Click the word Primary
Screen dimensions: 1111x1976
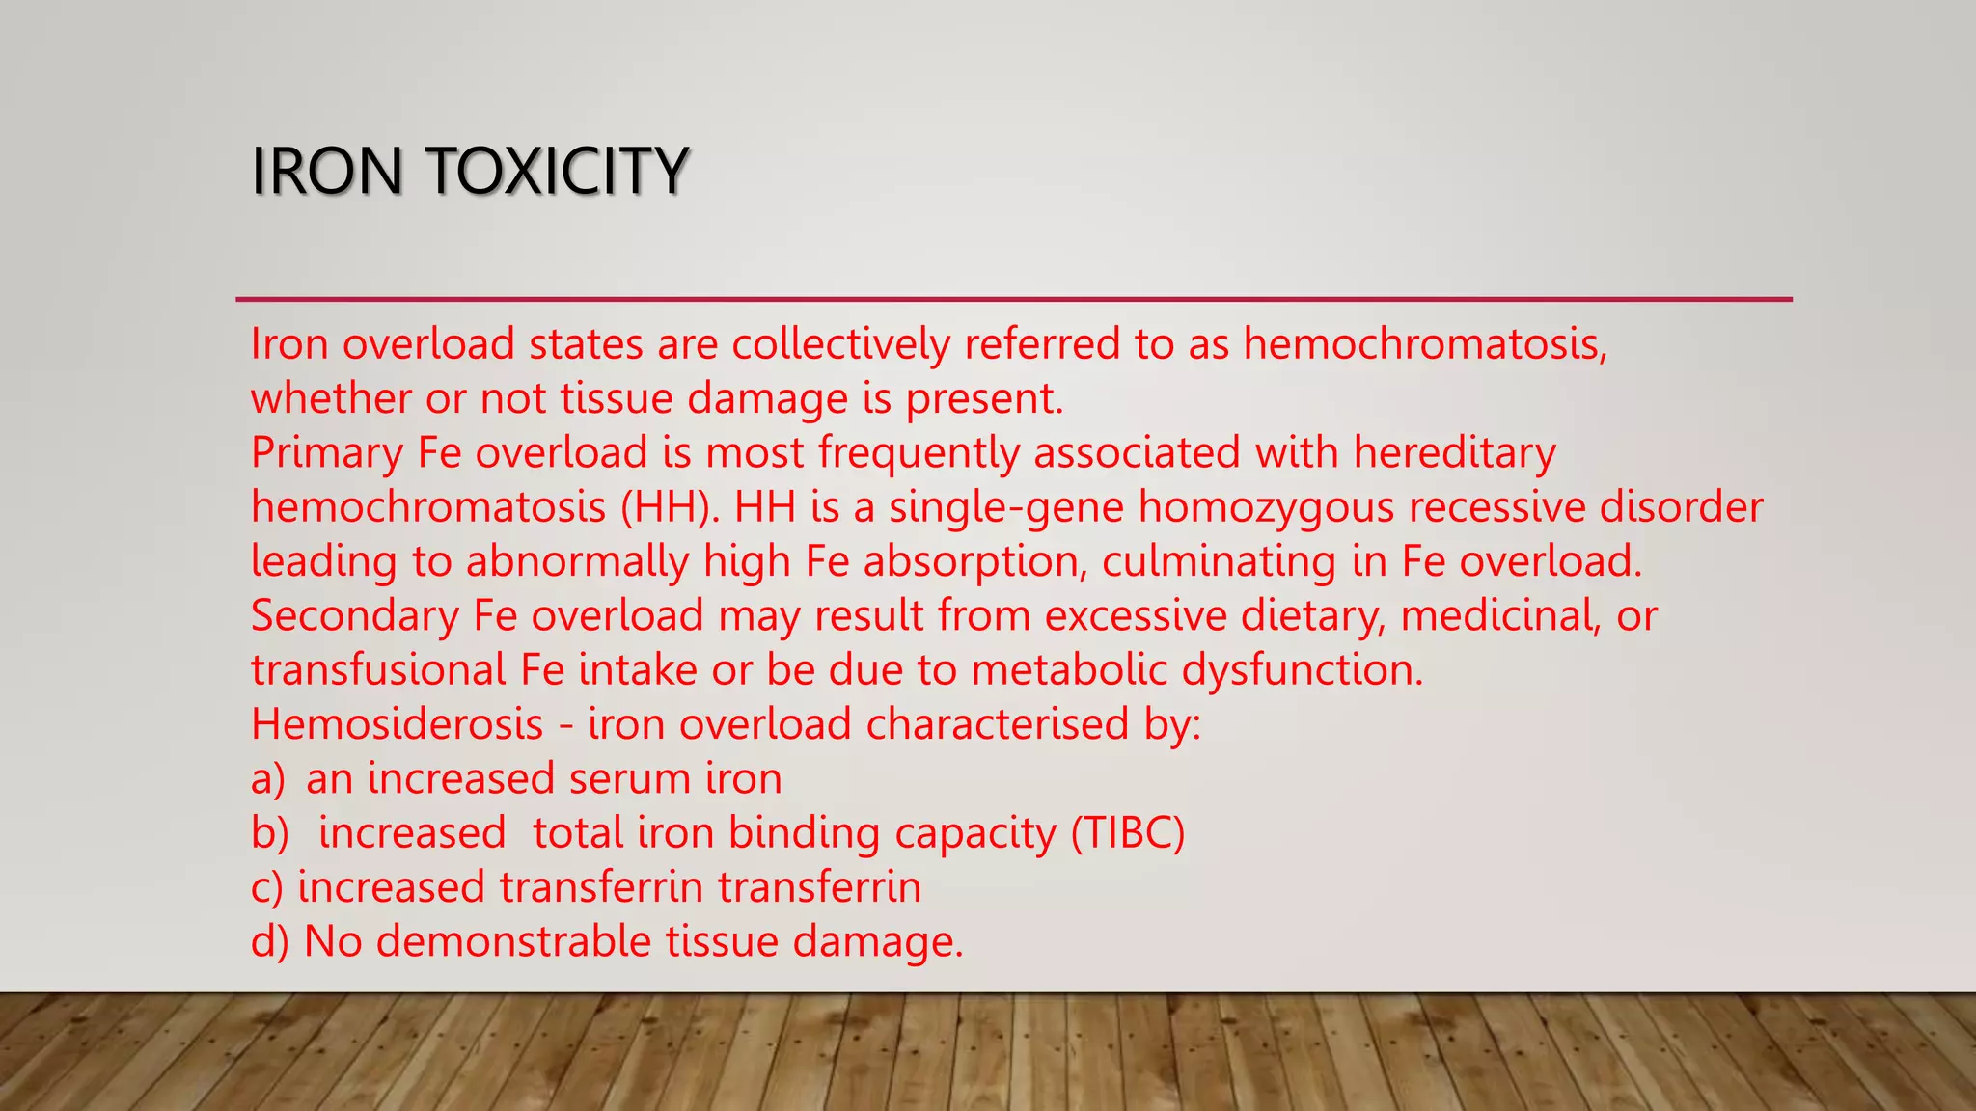pos(327,452)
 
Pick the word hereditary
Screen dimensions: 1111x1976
pos(1455,452)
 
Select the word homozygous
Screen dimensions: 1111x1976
pos(1266,507)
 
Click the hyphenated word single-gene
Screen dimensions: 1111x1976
pos(1006,507)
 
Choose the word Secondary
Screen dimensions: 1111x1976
pos(355,615)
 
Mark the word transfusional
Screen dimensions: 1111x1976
pos(378,669)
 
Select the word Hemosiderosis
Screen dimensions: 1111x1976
pos(398,724)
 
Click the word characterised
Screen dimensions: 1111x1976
pos(998,724)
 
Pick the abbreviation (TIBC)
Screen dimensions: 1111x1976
pos(1128,832)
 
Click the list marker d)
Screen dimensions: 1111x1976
pos(269,941)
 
